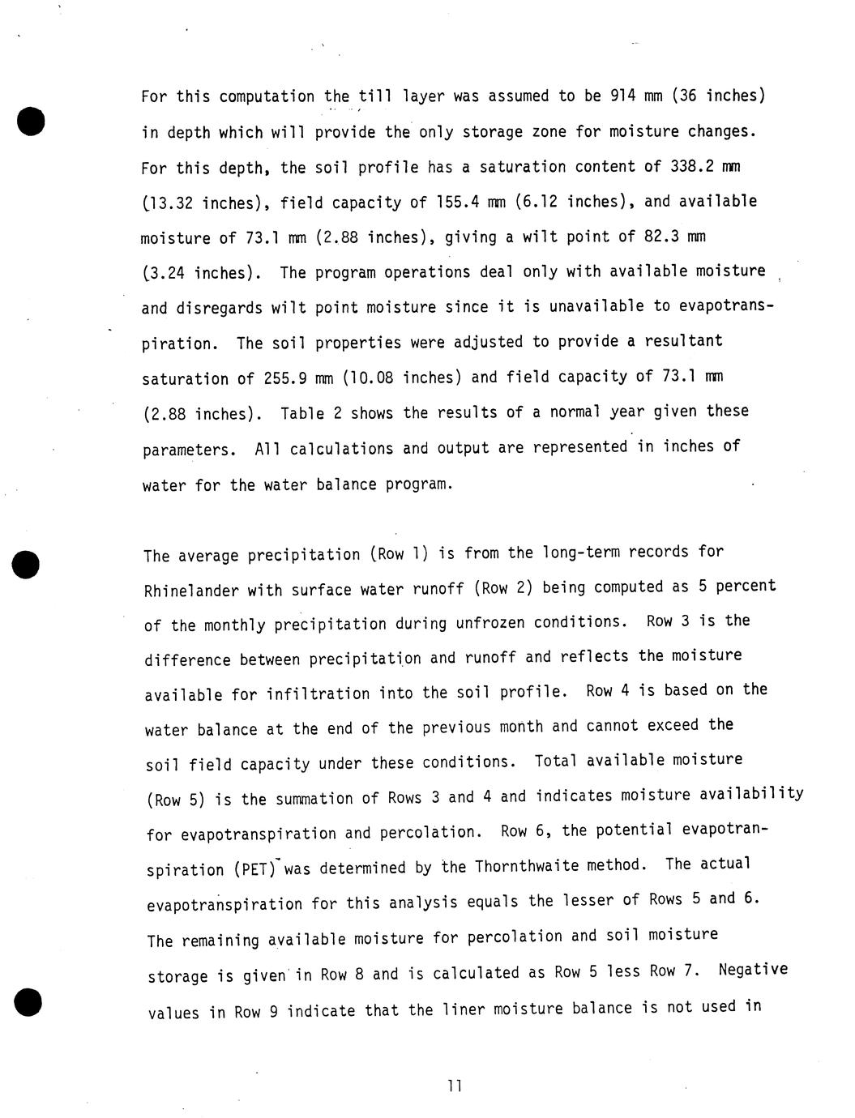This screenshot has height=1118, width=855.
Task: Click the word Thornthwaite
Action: pyautogui.click(x=527, y=866)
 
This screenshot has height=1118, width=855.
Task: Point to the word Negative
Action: pyautogui.click(x=753, y=970)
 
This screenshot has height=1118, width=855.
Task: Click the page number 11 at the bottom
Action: pyautogui.click(x=454, y=1086)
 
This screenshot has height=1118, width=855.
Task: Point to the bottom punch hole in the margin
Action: pyautogui.click(x=28, y=1002)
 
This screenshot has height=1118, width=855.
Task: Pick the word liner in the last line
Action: pyautogui.click(x=464, y=1009)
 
